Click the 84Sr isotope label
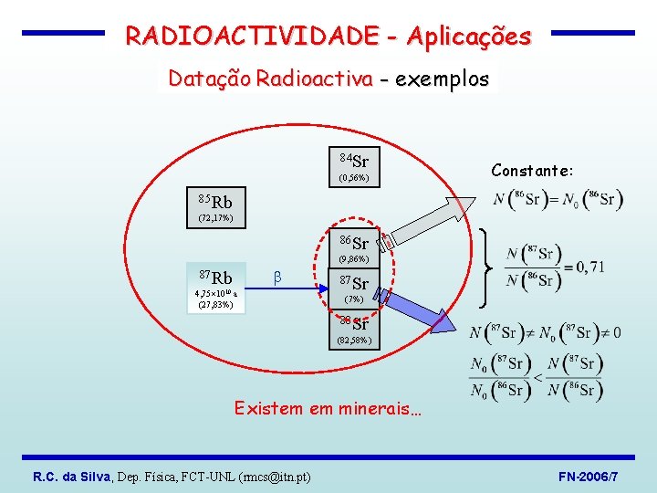coord(354,162)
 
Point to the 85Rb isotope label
coord(214,201)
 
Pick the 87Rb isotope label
coord(215,277)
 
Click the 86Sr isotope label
coord(354,243)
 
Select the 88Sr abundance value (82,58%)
coord(354,341)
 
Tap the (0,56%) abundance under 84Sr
coord(354,178)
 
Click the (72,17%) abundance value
coord(215,218)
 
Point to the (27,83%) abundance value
coord(215,305)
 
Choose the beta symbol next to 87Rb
coord(277,277)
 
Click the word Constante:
coord(532,171)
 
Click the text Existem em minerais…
coord(328,408)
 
